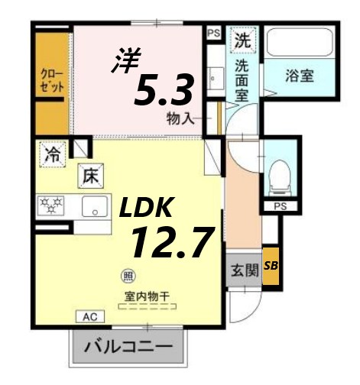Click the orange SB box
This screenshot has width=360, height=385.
271,266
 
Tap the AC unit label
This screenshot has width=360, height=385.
89,315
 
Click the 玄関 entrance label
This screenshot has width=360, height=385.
242,270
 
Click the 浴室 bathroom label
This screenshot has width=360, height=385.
300,76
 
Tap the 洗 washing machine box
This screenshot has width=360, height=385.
242,38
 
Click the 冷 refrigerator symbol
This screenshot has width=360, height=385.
52,152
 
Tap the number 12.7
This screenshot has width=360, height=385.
170,242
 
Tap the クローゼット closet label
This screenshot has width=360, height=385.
52,79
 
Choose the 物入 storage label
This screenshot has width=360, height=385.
180,118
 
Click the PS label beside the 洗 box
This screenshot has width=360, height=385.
214,33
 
